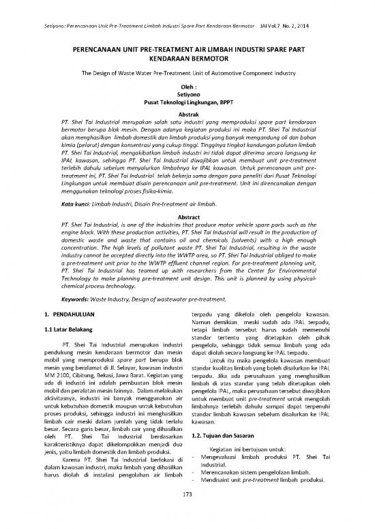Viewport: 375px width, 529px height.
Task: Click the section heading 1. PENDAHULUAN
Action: (65, 314)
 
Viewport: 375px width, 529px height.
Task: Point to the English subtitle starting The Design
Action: (187, 72)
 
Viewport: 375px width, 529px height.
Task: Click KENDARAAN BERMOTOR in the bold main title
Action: (187, 59)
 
